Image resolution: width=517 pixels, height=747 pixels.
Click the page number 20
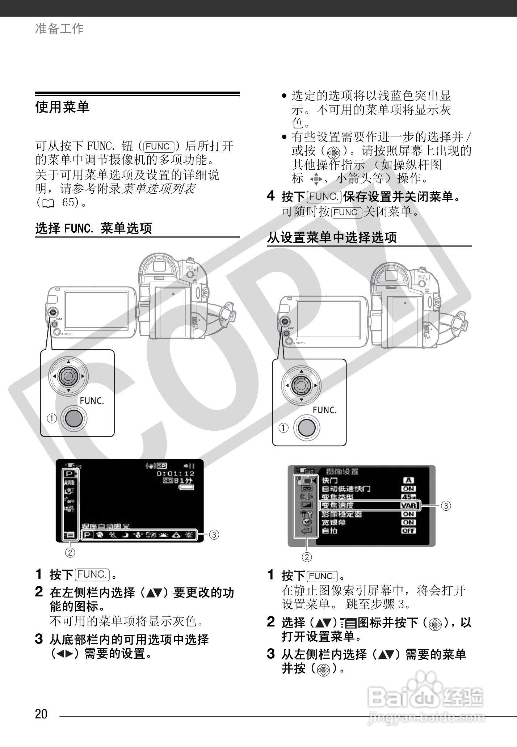(41, 714)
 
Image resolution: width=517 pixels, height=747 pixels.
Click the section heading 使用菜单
(62, 107)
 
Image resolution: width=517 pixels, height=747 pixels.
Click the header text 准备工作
(59, 29)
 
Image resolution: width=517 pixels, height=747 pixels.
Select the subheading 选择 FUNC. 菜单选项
(93, 228)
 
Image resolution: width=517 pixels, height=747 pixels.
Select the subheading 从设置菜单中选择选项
(332, 238)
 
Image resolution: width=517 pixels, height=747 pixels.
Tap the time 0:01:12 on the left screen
(175, 473)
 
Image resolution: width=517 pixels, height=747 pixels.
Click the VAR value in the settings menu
(409, 506)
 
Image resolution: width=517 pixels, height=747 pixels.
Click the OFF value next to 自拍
(409, 531)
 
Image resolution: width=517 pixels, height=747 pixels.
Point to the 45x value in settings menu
(409, 497)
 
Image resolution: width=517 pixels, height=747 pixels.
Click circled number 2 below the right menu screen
(307, 557)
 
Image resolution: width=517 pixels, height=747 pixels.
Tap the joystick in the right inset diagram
(301, 385)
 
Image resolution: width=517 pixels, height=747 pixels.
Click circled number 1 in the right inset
(283, 428)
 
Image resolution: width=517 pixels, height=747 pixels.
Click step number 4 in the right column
(271, 196)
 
